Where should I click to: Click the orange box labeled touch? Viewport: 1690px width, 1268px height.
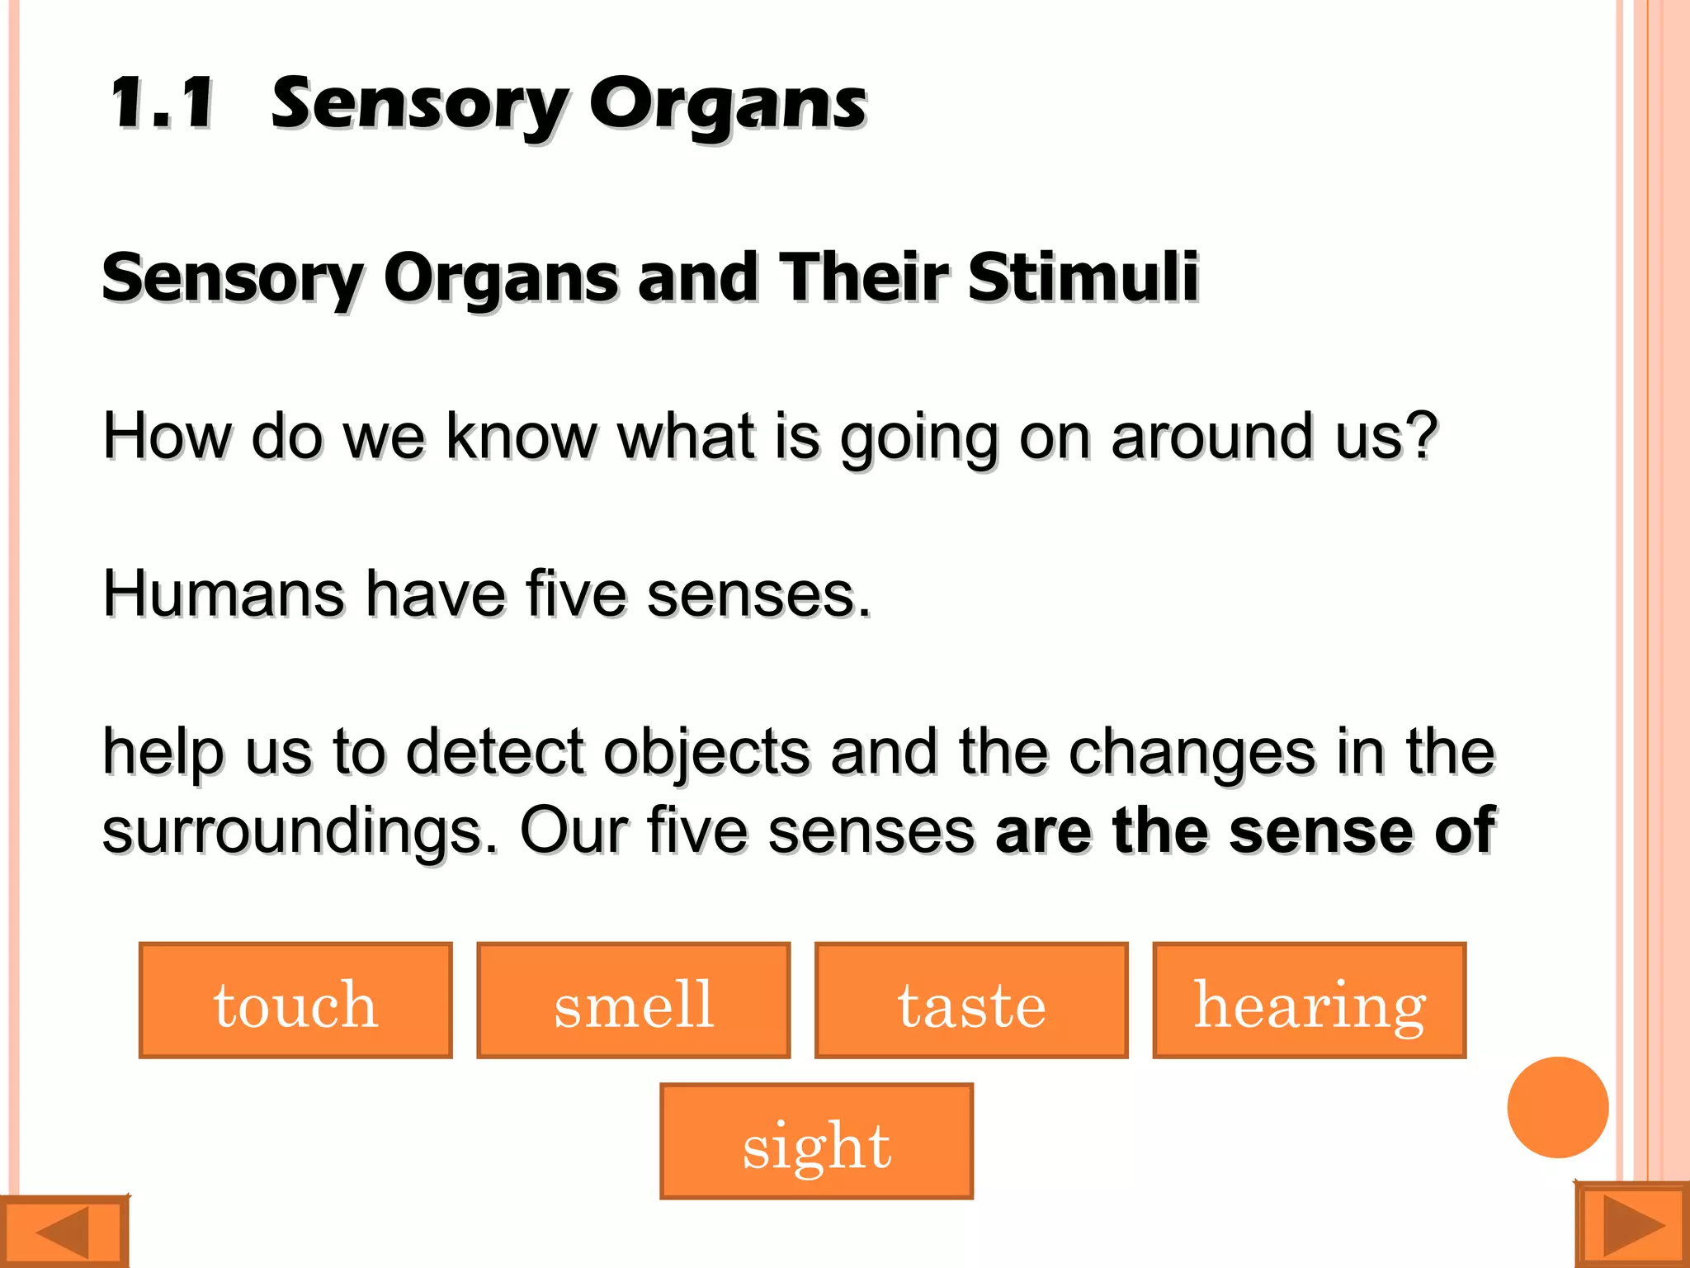click(x=295, y=1000)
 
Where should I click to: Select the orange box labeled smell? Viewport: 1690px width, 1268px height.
click(x=633, y=1000)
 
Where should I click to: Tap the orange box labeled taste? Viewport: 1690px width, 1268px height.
click(x=971, y=1000)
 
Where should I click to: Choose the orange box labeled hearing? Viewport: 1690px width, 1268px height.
click(x=1309, y=1000)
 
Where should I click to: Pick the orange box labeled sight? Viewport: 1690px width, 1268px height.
click(x=816, y=1141)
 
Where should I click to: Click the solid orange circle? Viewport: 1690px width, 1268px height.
click(x=1557, y=1107)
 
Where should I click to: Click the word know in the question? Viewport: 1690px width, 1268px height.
click(x=522, y=435)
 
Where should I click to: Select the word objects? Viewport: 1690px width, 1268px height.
click(x=707, y=752)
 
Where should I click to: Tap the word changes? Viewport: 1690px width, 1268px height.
click(x=1192, y=752)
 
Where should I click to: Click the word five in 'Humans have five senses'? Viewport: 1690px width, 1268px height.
click(x=576, y=594)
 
